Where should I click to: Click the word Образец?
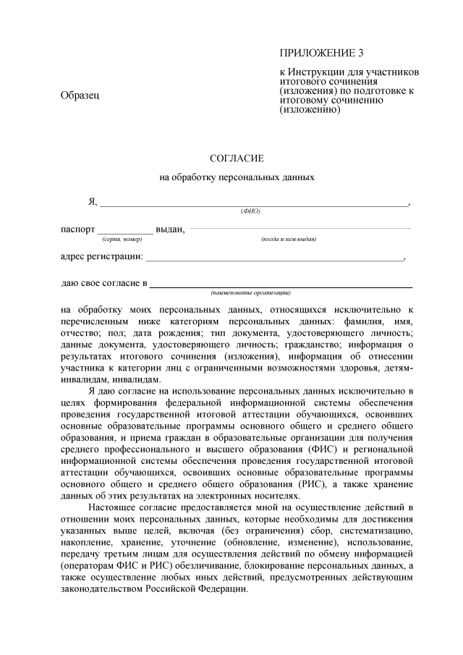coord(80,96)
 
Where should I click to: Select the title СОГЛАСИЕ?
coord(237,158)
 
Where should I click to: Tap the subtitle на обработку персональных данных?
coord(237,177)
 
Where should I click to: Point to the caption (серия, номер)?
coord(122,239)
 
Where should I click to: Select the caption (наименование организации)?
coord(250,292)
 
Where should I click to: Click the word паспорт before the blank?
coord(77,229)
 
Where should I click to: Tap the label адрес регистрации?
coord(101,256)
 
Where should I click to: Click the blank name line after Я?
coord(253,206)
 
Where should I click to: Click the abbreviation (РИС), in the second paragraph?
coord(352,483)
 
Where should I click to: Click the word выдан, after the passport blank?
coord(171,229)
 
